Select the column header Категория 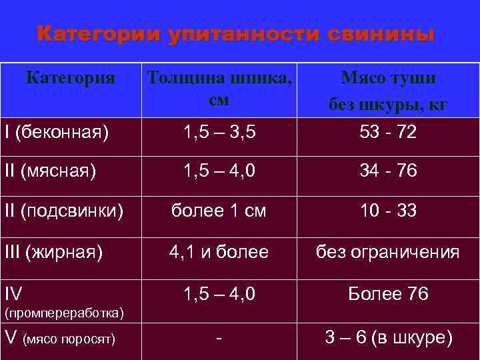click(71, 79)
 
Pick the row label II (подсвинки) click(64, 211)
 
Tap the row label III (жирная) click(54, 252)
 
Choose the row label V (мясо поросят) click(60, 339)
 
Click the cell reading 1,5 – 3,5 click(219, 132)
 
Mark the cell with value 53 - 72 click(388, 132)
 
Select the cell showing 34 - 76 click(388, 171)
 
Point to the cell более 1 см click(219, 211)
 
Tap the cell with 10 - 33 click(388, 211)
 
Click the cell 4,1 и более click(219, 252)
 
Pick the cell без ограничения click(388, 252)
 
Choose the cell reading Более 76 click(388, 294)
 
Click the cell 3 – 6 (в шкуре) click(388, 338)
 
